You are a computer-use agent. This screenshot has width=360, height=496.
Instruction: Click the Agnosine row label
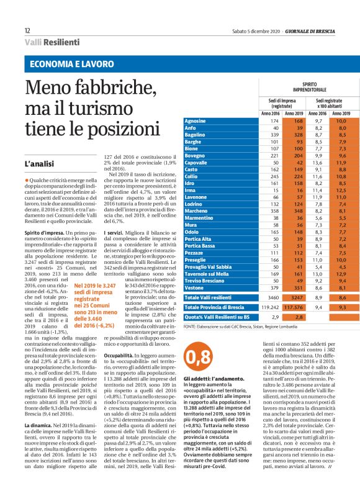196,120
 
